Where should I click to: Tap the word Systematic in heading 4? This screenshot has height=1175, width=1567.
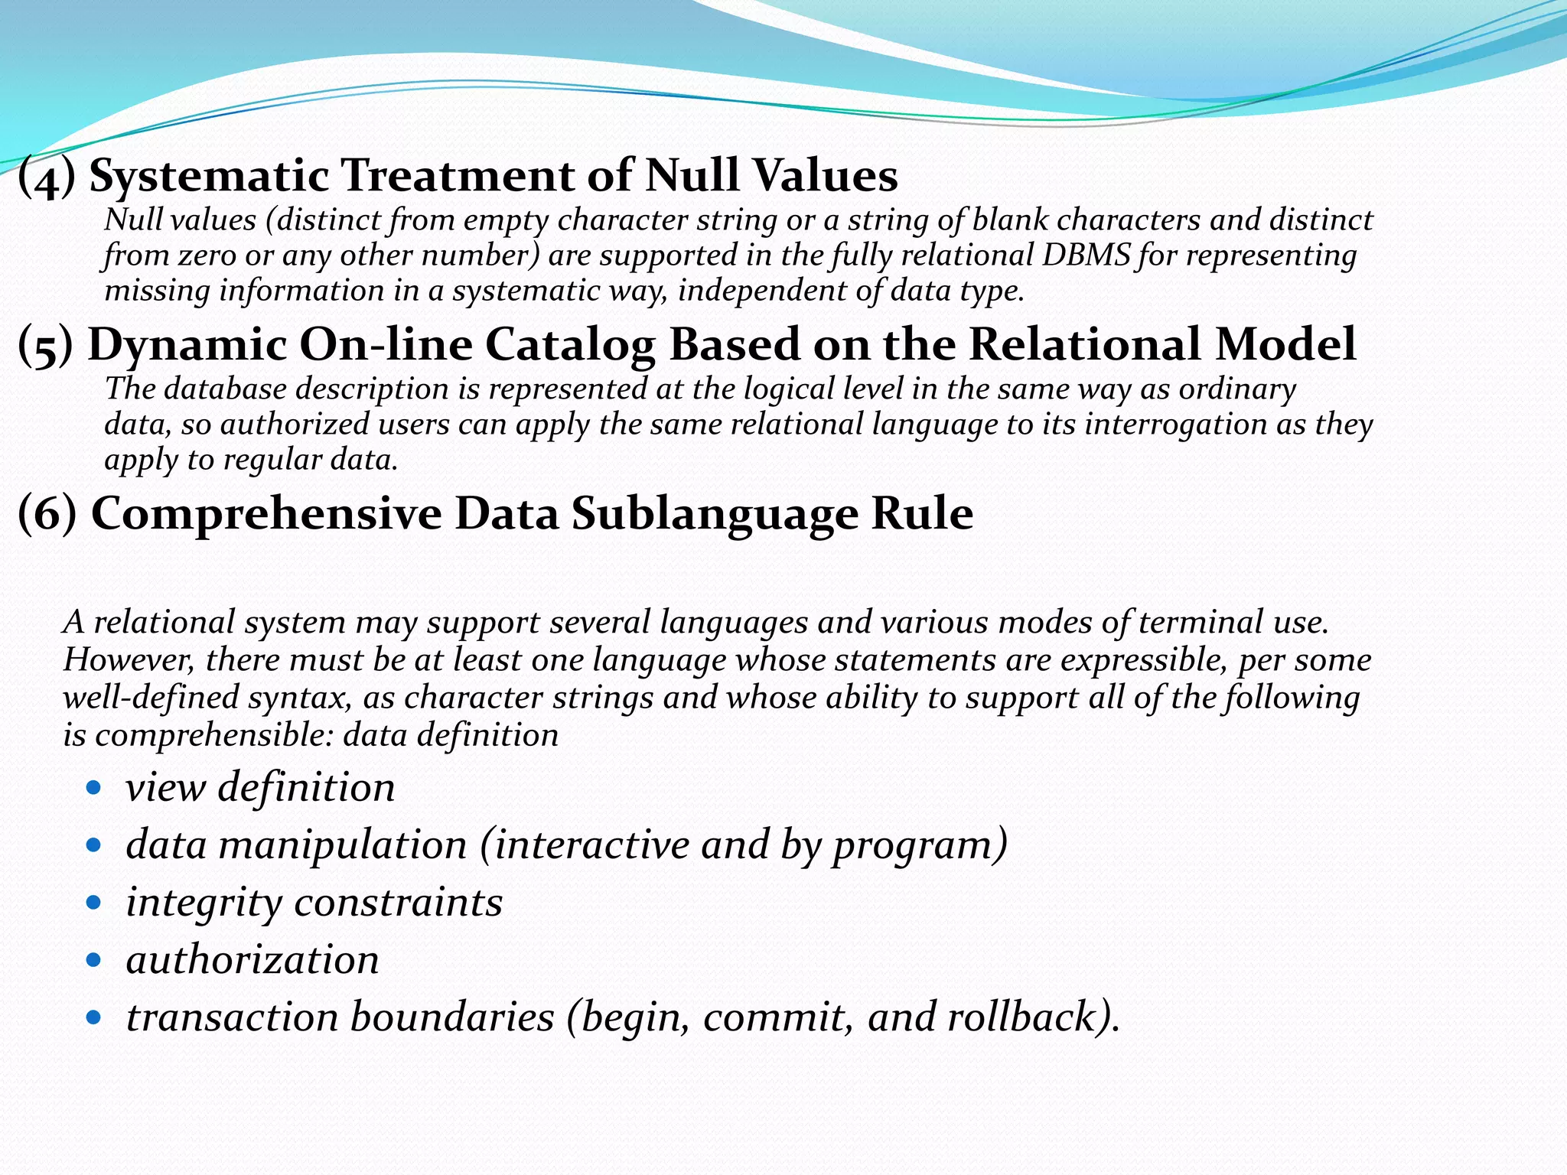[209, 175]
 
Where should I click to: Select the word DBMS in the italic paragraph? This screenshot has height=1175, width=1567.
[1086, 256]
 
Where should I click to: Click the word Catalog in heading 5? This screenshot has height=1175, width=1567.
[569, 345]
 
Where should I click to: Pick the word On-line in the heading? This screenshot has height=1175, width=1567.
[386, 345]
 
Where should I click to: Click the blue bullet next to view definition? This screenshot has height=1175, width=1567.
[94, 787]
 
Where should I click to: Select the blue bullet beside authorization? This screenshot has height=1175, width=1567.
[94, 959]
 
